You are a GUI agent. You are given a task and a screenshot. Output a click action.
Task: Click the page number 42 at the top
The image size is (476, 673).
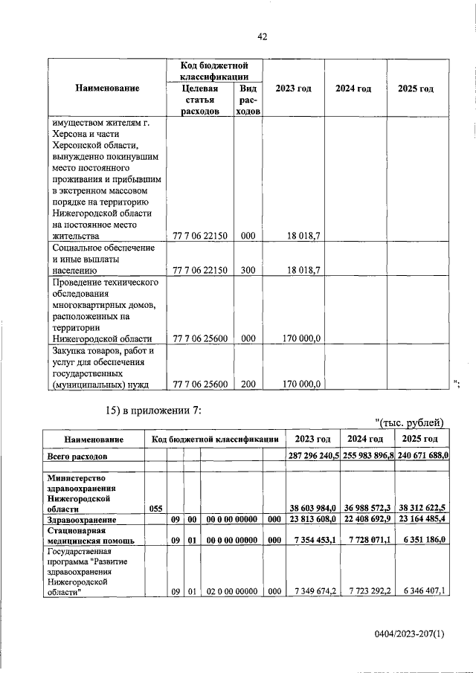(262, 36)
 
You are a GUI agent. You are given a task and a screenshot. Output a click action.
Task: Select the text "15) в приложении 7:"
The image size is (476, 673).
(151, 410)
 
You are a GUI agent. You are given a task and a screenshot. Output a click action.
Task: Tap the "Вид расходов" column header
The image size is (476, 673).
(248, 100)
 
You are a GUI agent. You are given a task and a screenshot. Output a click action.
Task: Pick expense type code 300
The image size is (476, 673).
(248, 270)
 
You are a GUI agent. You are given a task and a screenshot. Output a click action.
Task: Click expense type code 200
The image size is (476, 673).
(248, 384)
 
